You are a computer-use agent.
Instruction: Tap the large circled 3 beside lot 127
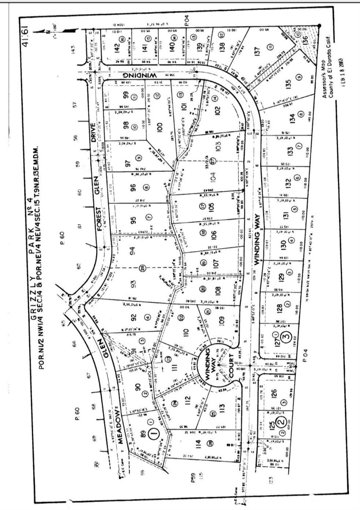tap(287, 338)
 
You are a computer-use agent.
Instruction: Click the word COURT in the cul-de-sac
tap(231, 367)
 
